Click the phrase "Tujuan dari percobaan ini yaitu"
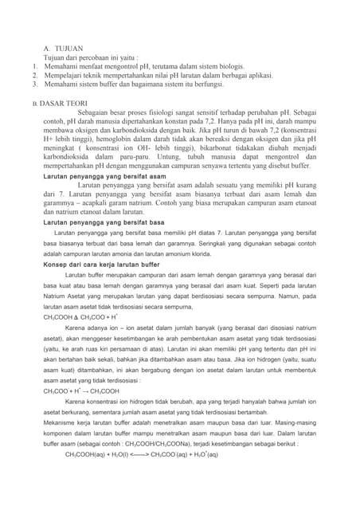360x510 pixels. pos(92,57)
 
